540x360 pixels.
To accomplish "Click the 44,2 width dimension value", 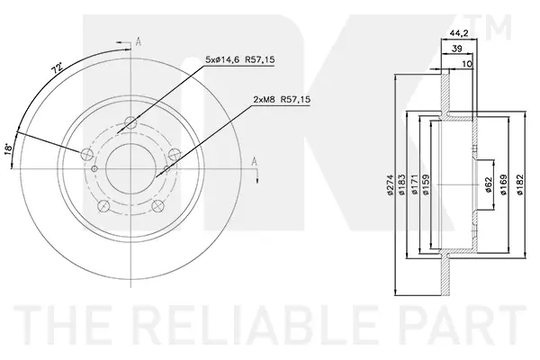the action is (x=459, y=33).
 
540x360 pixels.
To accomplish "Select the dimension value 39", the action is (x=456, y=49).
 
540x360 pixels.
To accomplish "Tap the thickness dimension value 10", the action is (x=467, y=64).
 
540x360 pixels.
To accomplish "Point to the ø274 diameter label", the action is (x=391, y=185).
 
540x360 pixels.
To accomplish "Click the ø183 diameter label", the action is (x=402, y=185).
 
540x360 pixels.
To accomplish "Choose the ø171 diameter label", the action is (x=415, y=185).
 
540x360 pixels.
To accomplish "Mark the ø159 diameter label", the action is (x=426, y=185).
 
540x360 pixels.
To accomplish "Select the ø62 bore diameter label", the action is (x=488, y=185).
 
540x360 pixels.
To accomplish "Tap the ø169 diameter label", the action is (x=503, y=185).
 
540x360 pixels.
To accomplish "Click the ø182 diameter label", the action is (x=519, y=185).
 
